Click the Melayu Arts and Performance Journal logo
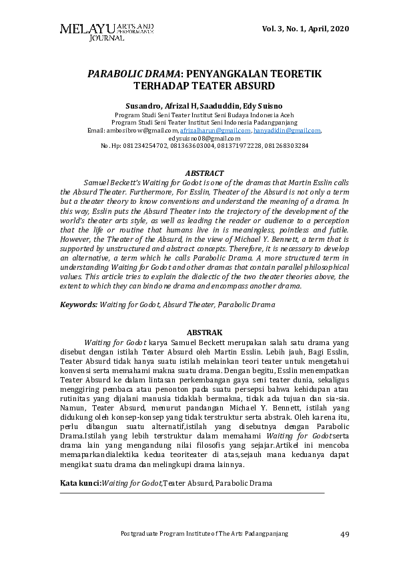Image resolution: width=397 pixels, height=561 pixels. (x=107, y=31)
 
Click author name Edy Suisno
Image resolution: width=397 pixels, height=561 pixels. (x=263, y=105)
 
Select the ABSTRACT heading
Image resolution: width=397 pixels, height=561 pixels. (x=204, y=173)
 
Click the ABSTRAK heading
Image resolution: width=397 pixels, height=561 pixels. (x=204, y=332)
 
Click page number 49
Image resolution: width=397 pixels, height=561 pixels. (x=345, y=534)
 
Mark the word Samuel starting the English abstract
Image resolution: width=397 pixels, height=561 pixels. (x=99, y=182)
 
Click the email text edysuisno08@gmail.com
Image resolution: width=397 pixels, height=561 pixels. (x=204, y=138)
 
